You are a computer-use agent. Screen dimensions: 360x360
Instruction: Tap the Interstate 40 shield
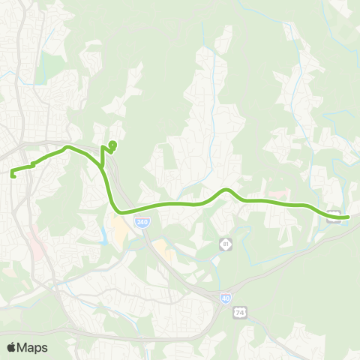(x=226, y=298)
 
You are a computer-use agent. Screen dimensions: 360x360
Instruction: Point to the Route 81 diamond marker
(x=224, y=244)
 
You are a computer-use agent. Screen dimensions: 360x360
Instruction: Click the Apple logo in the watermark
(x=12, y=347)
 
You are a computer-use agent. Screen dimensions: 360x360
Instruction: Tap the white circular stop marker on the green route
(x=112, y=143)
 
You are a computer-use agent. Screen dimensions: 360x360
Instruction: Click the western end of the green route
(x=13, y=175)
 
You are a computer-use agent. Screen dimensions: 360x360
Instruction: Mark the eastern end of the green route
(x=347, y=217)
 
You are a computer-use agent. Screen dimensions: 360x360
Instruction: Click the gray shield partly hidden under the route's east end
(x=336, y=217)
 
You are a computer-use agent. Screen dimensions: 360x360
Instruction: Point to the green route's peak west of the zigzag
(x=68, y=147)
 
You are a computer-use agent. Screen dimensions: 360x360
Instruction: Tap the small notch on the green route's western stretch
(x=33, y=164)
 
